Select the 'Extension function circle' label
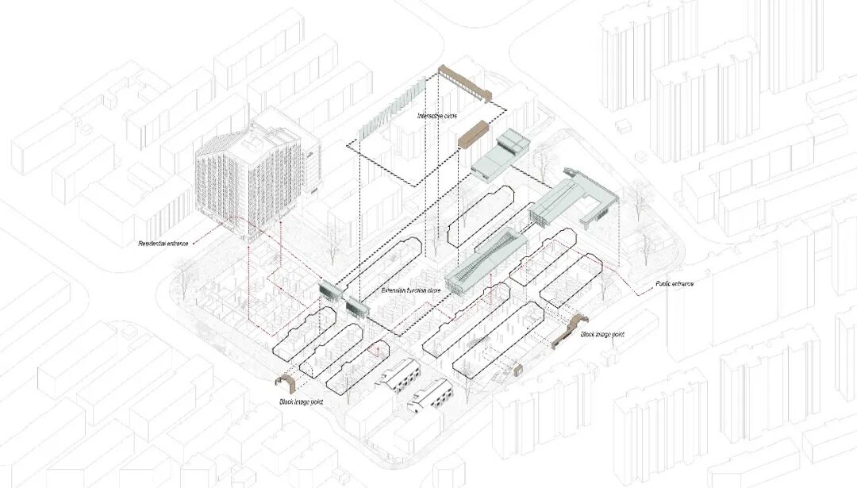coord(411,291)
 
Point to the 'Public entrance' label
coord(675,283)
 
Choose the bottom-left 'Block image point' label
coord(300,402)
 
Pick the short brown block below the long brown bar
coord(473,133)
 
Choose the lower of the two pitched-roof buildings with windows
coord(428,395)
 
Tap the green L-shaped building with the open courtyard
coord(575,198)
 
